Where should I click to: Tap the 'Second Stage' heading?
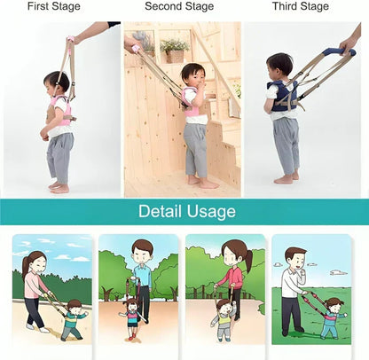[x=179, y=7]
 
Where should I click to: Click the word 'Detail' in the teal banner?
[x=162, y=212]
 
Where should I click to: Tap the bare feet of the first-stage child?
[x=59, y=187]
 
